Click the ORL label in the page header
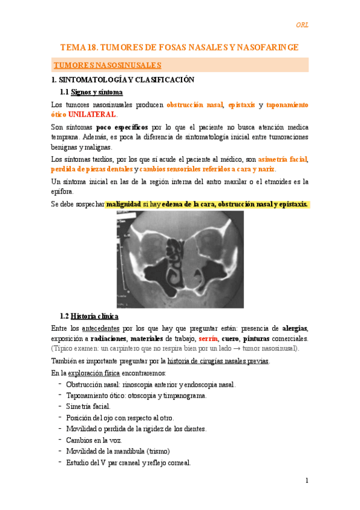[302, 25]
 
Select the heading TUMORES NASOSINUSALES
[107, 64]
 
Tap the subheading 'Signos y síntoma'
[97, 92]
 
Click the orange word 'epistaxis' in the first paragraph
[241, 105]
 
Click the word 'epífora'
[63, 191]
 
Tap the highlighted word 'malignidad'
[123, 204]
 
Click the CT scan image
[180, 260]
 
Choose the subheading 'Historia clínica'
[94, 316]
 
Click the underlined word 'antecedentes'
[100, 328]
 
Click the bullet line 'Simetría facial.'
[88, 407]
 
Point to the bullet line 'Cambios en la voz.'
[93, 440]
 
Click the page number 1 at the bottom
[307, 481]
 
